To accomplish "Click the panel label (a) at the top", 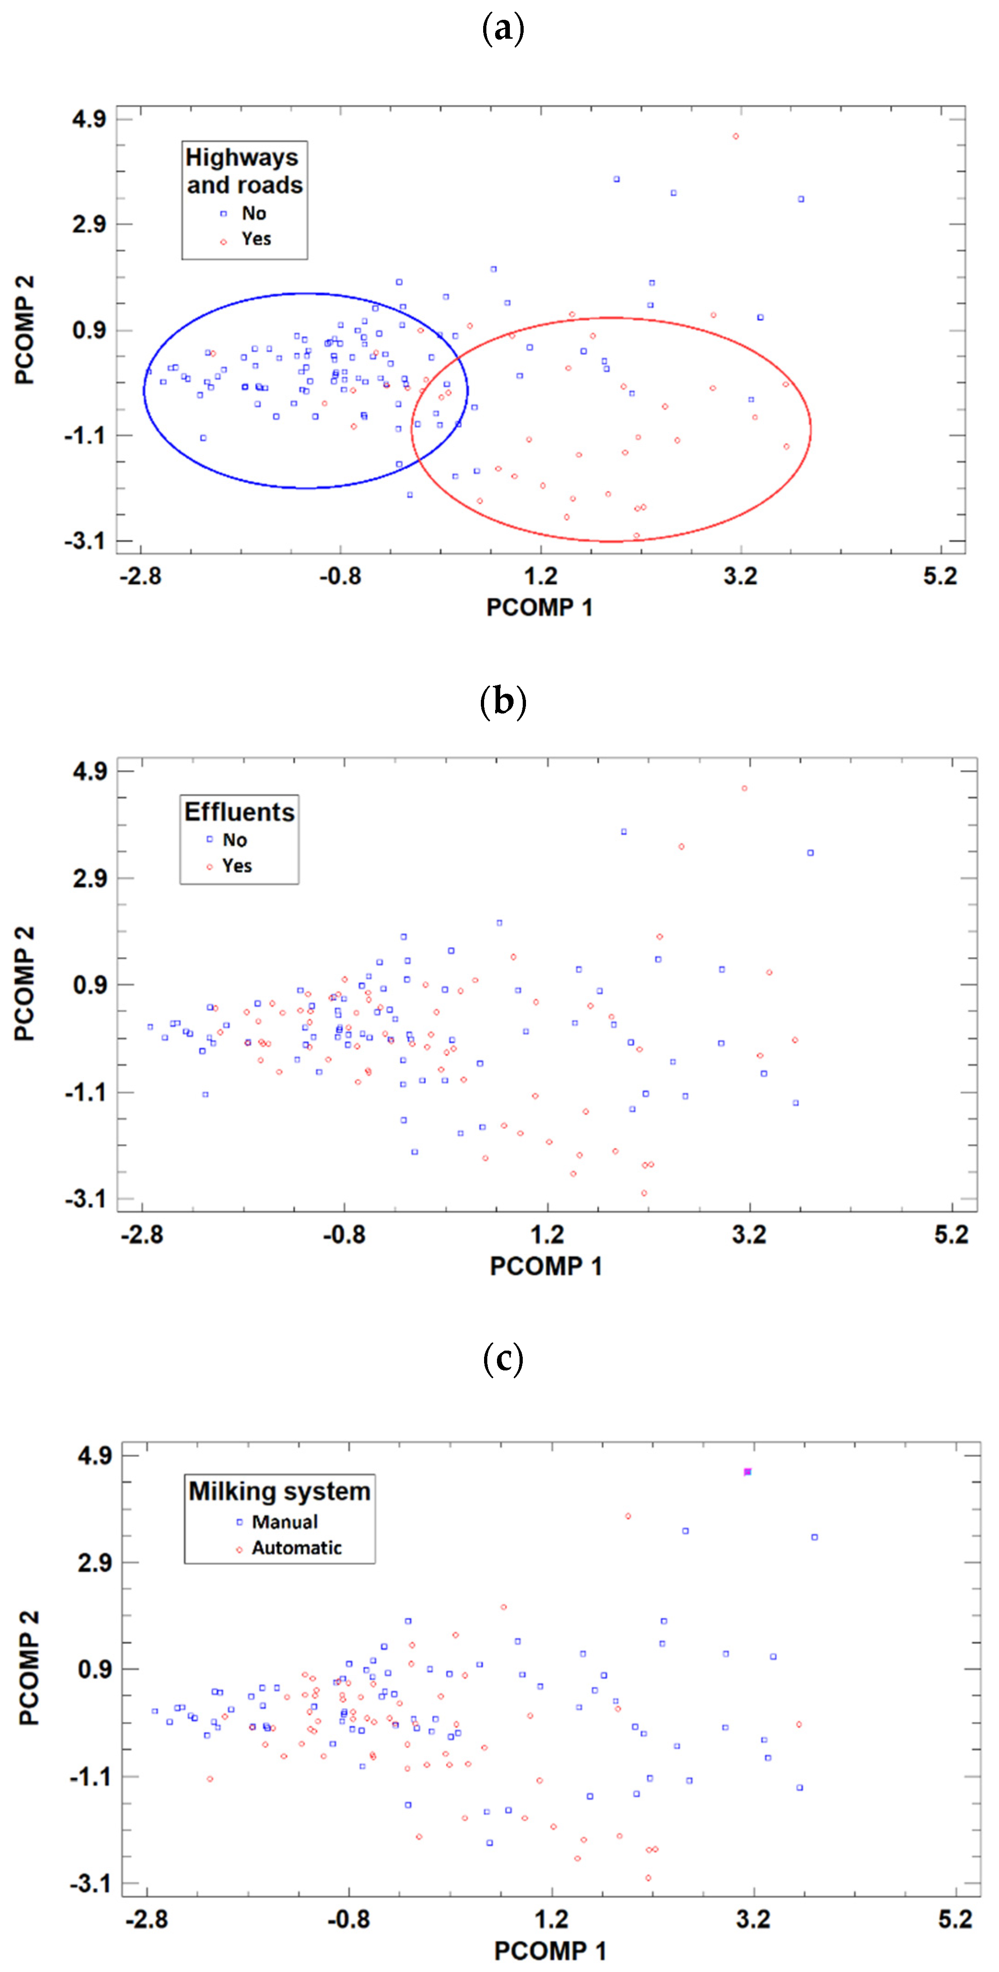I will (503, 29).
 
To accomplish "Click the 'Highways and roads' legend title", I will (244, 171).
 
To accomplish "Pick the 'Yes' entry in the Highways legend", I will (256, 239).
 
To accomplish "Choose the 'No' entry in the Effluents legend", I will (234, 840).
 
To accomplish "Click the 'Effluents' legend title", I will (239, 812).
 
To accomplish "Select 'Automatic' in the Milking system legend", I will (296, 1548).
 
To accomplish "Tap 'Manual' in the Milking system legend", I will (284, 1522).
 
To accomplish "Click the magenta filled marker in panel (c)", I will (747, 1471).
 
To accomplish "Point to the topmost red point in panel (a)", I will (736, 136).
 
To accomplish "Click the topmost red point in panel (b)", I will (744, 788).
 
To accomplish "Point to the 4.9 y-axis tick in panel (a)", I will (89, 119).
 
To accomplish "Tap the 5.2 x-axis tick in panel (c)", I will (955, 1919).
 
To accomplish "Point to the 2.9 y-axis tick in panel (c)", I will (95, 1562).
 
